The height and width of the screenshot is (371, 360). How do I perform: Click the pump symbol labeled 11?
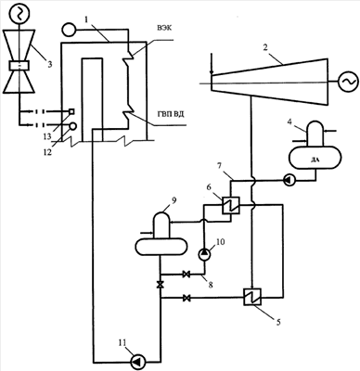(x=136, y=361)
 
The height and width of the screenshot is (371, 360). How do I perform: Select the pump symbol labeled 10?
(x=204, y=254)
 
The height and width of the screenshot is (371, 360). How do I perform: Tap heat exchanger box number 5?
(x=252, y=297)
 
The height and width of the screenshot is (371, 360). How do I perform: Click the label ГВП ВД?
(x=169, y=115)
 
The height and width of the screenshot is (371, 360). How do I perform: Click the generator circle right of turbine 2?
(x=345, y=82)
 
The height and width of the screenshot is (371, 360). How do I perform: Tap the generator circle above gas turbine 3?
(x=19, y=13)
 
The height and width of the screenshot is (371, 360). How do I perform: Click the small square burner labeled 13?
(x=71, y=110)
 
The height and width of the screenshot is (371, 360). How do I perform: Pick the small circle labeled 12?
(x=73, y=125)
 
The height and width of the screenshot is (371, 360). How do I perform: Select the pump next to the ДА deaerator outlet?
(x=288, y=180)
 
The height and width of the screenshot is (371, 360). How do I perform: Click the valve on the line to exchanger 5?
(x=186, y=298)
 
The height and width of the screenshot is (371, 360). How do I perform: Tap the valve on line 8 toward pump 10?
(x=186, y=275)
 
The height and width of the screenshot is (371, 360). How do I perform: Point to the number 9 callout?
(x=174, y=201)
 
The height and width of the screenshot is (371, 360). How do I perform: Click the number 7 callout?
(x=219, y=168)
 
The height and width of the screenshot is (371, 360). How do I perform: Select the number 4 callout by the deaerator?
(x=289, y=121)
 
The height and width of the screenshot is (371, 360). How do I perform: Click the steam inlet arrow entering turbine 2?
(x=212, y=64)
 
